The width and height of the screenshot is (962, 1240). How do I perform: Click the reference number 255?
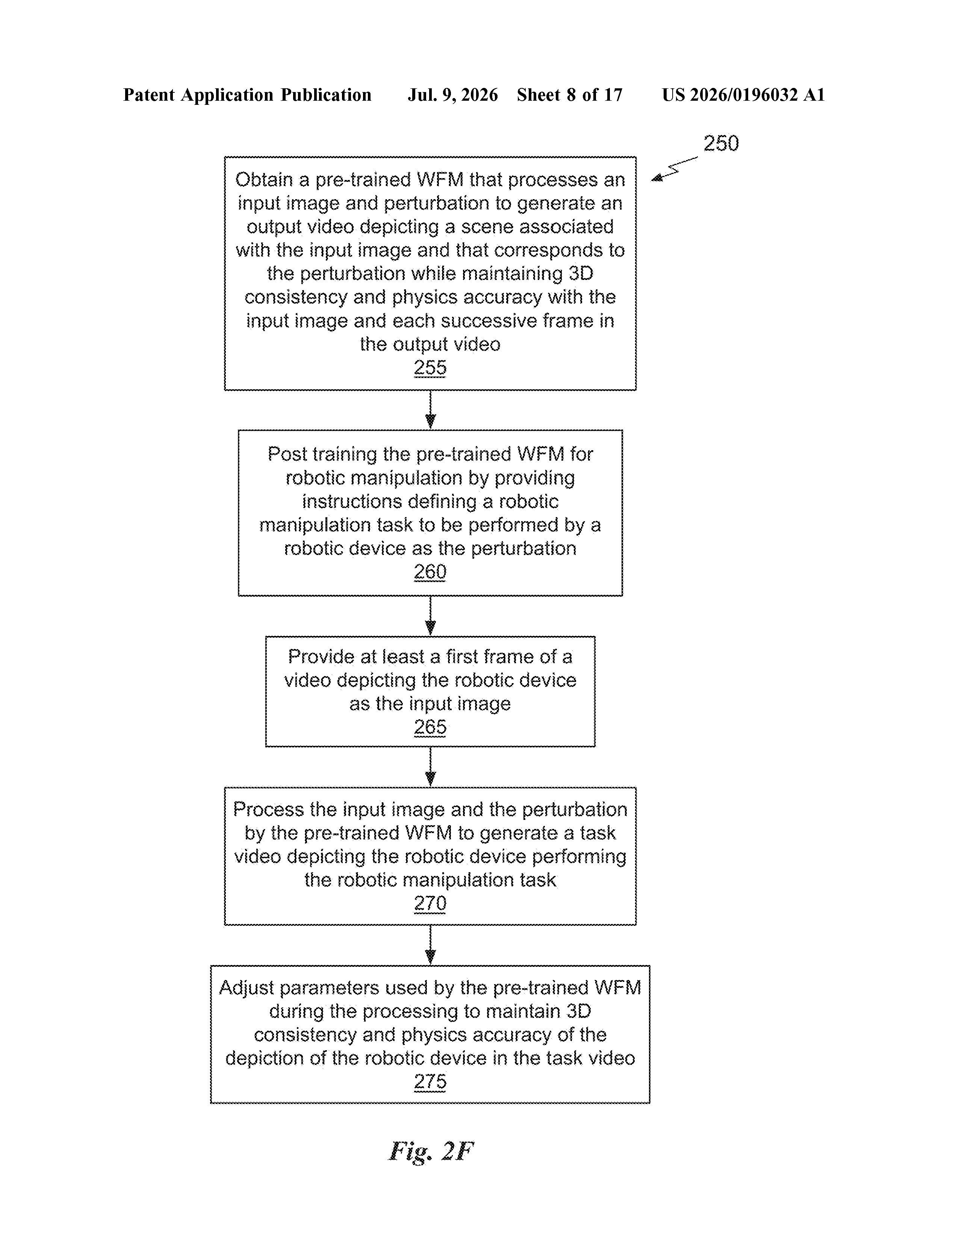(430, 367)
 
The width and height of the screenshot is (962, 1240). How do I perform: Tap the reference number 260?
(430, 572)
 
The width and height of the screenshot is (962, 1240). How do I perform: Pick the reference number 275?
(430, 1081)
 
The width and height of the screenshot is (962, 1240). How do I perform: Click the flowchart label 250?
(721, 143)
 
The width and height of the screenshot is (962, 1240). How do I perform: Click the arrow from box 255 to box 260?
(431, 410)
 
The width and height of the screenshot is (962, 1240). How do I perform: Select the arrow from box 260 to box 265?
(431, 616)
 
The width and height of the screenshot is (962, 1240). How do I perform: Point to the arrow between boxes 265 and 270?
(431, 767)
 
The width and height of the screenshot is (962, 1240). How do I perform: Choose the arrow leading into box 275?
(431, 945)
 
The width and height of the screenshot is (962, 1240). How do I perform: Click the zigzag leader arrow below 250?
(675, 169)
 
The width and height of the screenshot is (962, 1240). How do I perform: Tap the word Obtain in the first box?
(263, 180)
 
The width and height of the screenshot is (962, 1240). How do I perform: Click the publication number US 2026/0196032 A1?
(743, 95)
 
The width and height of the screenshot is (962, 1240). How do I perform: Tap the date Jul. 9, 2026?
(452, 95)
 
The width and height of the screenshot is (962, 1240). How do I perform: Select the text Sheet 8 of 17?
(570, 95)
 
